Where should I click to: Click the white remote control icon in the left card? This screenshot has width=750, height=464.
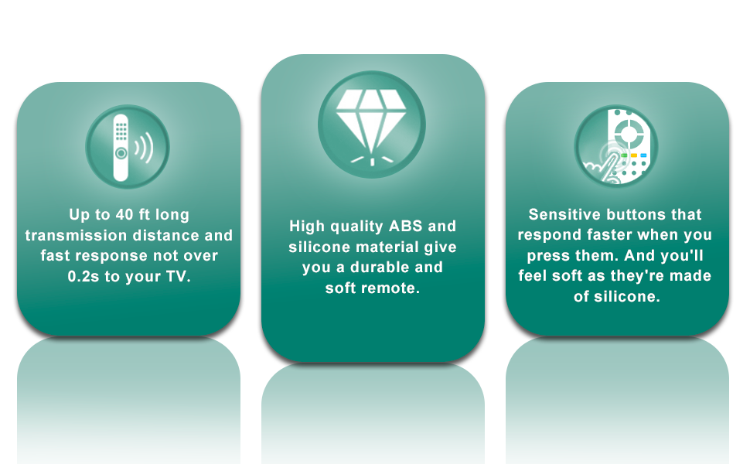point(121,147)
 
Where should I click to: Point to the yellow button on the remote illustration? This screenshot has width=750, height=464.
point(633,155)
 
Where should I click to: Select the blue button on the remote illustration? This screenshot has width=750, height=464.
point(643,155)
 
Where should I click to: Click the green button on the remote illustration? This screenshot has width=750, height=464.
point(623,155)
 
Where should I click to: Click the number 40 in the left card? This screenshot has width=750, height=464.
point(118,214)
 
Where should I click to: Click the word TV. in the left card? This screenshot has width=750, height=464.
point(178,276)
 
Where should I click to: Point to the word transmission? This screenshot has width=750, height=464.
point(76,235)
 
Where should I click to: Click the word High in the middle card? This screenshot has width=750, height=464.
point(307,227)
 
